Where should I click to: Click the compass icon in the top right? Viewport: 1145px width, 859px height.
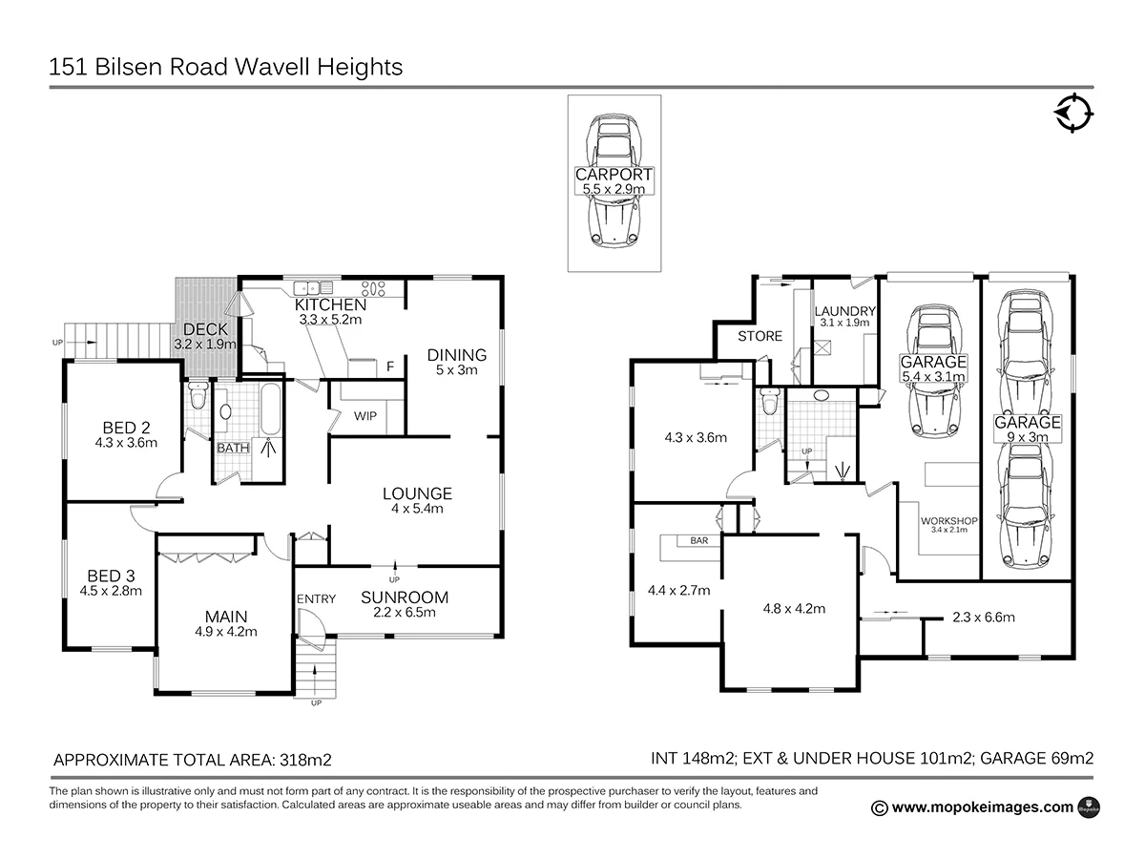click(x=1073, y=113)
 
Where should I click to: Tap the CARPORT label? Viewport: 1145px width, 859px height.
click(x=614, y=175)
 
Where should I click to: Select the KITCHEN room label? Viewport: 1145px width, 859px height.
click(x=330, y=304)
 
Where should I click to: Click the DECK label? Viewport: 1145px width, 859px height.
click(x=205, y=330)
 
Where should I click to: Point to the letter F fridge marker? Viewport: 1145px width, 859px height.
click(x=390, y=367)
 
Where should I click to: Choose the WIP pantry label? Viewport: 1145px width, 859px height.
click(x=364, y=416)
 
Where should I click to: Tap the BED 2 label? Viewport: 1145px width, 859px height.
click(x=125, y=427)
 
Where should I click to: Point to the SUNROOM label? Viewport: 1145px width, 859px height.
click(x=405, y=597)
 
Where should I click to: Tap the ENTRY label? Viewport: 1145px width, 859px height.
click(x=316, y=598)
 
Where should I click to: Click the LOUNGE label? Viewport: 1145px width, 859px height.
click(x=417, y=493)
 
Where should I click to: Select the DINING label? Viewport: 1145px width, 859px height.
click(x=456, y=355)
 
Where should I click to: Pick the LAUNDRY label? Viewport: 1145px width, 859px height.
click(x=844, y=311)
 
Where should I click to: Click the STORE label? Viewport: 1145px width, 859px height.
click(x=760, y=336)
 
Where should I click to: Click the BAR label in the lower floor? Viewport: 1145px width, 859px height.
click(x=698, y=540)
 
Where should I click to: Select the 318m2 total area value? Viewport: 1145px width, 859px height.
click(x=304, y=760)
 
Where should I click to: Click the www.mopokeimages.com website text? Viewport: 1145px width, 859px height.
click(x=983, y=807)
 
